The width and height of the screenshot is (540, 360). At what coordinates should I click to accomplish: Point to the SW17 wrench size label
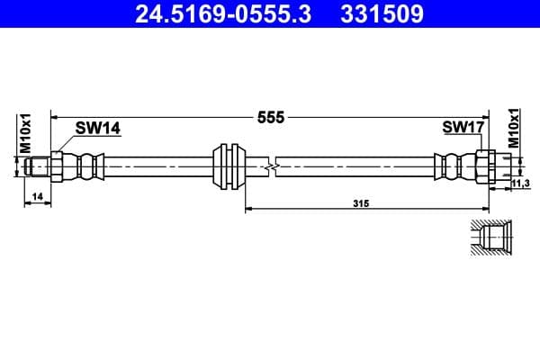pos(463,129)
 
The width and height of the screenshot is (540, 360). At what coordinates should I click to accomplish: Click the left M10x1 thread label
pos(26,133)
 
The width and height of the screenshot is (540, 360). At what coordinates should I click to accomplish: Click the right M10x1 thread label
pos(515,129)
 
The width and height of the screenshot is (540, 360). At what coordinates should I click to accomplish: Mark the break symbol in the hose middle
pos(271,166)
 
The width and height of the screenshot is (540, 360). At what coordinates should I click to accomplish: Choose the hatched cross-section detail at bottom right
pos(491,239)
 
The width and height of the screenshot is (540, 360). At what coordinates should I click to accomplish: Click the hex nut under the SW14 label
pos(58,166)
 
